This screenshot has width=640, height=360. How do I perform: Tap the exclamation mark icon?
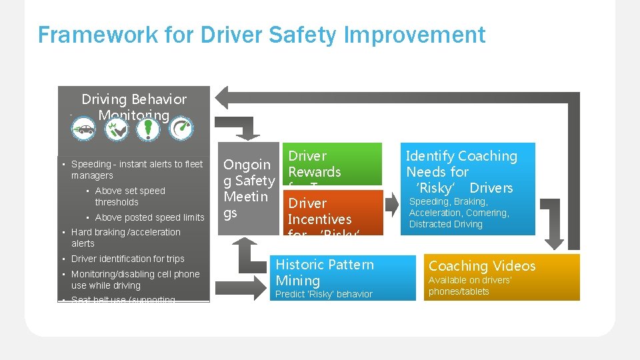pos(148,129)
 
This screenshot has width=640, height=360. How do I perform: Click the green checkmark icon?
pos(116,129)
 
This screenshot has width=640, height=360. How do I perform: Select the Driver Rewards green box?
pos(333,164)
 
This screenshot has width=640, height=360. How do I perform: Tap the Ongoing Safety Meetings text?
pos(249,189)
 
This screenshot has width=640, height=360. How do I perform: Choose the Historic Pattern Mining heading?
pos(325,273)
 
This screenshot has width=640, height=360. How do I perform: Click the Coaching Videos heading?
pos(481,266)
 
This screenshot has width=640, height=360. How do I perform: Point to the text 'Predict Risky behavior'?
pos(324,294)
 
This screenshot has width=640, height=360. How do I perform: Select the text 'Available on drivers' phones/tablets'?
pos(469,286)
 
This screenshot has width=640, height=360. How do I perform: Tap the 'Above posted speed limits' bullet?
pos(149,217)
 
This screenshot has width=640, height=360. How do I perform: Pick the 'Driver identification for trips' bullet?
pos(127,259)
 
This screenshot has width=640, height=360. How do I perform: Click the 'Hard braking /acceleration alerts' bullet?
pos(125,237)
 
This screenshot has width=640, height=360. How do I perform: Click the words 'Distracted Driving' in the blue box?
pos(445,224)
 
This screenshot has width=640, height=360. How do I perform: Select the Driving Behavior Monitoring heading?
pos(134,107)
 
